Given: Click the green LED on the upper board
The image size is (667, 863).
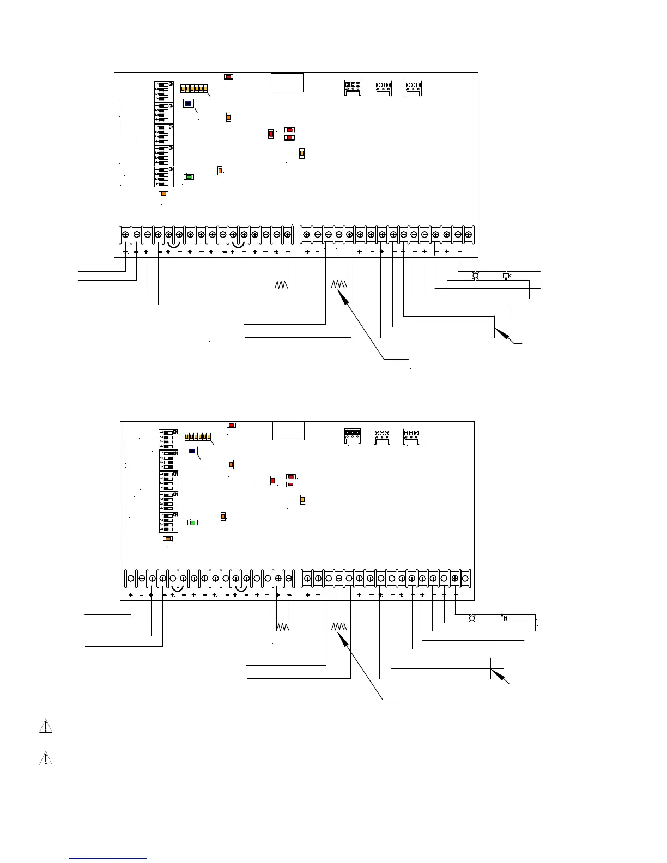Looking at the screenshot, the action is [x=189, y=177].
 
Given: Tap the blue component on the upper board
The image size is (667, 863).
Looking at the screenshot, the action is [x=188, y=103].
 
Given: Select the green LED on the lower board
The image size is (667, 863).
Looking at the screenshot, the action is [x=192, y=522].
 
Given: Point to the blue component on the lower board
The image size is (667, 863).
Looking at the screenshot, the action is [x=192, y=451].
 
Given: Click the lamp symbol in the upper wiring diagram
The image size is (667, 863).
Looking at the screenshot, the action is [x=475, y=276].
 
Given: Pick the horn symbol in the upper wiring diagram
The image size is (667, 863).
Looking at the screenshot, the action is [x=506, y=276].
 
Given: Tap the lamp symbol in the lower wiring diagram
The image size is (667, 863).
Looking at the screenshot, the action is [x=472, y=618].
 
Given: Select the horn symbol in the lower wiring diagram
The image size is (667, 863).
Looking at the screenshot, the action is [x=502, y=618].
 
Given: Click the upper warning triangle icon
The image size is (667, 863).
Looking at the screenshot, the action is [x=46, y=726].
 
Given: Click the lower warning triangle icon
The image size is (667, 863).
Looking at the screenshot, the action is [x=46, y=758].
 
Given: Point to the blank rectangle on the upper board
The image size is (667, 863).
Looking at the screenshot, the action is [x=287, y=82].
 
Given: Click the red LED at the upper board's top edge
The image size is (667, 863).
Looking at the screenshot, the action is [x=229, y=77].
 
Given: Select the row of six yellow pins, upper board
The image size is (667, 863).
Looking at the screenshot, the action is [x=195, y=88].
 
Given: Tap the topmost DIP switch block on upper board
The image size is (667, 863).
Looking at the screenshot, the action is [x=164, y=92].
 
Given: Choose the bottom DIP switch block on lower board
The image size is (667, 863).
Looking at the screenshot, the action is [x=168, y=522].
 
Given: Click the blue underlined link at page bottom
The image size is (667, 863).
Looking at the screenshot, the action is [x=108, y=858].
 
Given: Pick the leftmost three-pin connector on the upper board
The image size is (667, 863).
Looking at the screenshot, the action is [x=353, y=87].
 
